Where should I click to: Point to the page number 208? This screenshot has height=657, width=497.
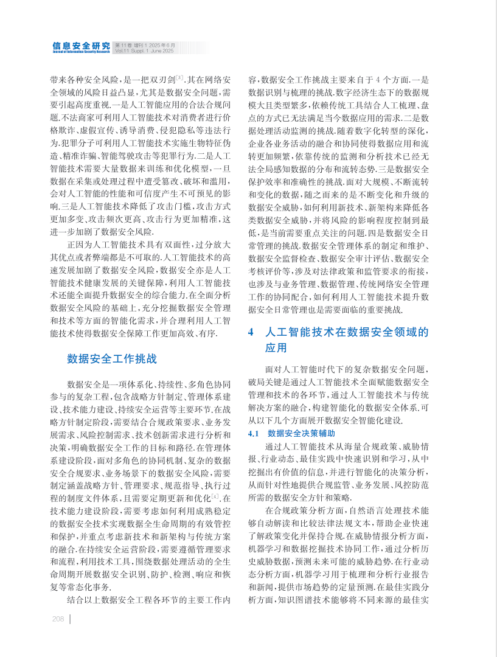point(58,619)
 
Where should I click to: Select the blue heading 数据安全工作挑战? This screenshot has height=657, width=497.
point(112,359)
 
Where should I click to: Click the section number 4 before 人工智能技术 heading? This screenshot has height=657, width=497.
point(251,332)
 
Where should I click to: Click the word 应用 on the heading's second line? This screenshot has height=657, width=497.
point(276,348)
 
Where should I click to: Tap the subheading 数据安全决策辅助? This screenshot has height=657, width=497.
point(301,433)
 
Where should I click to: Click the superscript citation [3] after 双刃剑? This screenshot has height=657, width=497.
point(180,78)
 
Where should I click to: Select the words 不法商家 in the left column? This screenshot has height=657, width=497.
point(75,116)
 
